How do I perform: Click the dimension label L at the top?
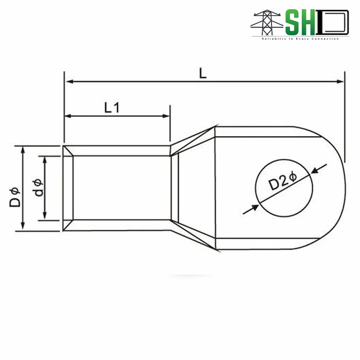coord(203,73)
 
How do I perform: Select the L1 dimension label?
coord(112,107)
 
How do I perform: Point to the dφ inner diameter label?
coord(39,188)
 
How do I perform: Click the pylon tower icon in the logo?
coord(266,23)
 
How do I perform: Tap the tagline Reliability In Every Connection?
coord(300,39)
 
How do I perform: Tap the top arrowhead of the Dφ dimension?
coord(23,150)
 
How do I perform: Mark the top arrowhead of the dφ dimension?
coord(44,160)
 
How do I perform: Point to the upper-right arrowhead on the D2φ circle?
coord(314,171)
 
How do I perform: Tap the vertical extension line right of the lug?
coord(344,120)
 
